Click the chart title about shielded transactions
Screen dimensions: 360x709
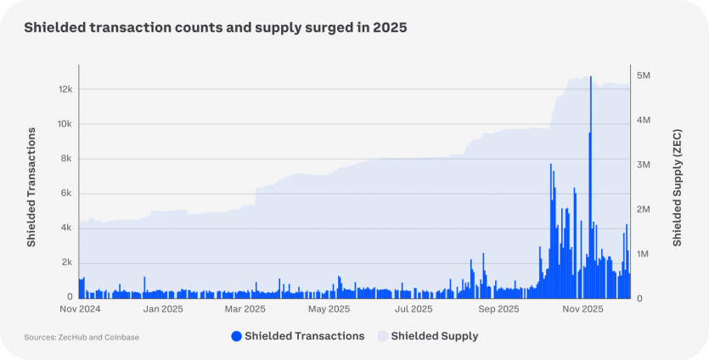216,28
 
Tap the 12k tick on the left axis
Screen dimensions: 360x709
65,89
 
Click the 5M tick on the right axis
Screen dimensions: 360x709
644,75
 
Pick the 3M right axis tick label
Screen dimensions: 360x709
644,165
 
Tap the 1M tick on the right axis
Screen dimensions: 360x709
644,254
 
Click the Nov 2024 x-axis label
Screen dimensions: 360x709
80,309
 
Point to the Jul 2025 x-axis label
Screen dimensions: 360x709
414,309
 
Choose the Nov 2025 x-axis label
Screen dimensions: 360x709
582,309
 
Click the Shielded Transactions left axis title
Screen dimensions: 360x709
31,187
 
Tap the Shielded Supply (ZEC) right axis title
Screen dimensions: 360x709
678,187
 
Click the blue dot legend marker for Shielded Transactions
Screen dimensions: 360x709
236,336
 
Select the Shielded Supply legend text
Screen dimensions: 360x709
434,336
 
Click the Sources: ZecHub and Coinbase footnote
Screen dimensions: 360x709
82,337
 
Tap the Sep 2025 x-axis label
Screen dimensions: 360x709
498,309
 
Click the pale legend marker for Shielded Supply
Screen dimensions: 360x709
383,336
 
